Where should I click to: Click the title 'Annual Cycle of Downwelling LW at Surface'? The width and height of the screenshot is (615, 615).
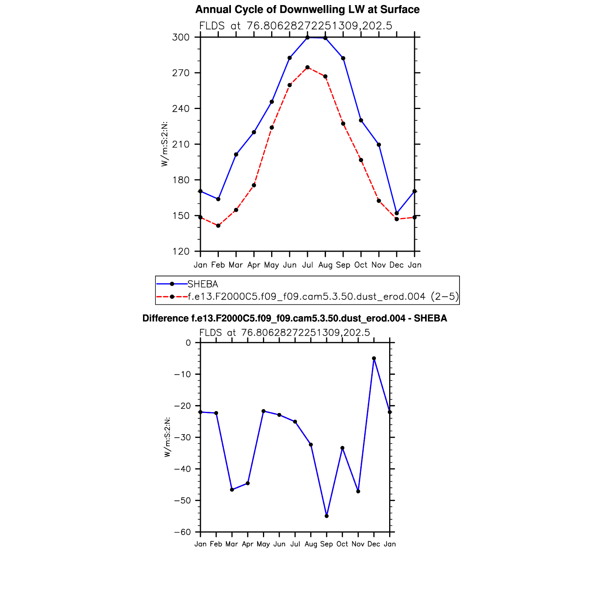click(307, 9)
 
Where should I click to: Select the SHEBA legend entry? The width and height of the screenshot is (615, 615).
click(202, 284)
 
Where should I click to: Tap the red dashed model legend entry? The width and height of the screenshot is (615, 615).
click(323, 297)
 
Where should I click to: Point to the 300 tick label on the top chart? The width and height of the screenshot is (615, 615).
click(181, 38)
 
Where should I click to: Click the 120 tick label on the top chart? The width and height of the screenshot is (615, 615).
click(181, 251)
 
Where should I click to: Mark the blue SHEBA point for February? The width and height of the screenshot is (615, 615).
click(218, 199)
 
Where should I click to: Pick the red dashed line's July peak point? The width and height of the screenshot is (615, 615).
click(307, 67)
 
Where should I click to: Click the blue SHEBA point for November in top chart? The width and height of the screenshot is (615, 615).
click(379, 145)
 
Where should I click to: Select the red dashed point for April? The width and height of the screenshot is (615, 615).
click(254, 185)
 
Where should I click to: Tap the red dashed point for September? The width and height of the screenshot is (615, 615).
click(343, 124)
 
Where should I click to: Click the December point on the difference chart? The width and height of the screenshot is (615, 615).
click(374, 358)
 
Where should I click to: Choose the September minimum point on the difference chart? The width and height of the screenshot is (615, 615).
click(327, 516)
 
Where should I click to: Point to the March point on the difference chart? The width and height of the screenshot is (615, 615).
click(232, 490)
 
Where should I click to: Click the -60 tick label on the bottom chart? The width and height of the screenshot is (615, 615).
click(183, 532)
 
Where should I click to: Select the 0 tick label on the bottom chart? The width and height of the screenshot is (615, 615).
click(188, 343)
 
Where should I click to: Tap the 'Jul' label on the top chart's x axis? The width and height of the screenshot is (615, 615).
click(307, 265)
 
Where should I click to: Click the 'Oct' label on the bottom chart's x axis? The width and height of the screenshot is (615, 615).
click(342, 544)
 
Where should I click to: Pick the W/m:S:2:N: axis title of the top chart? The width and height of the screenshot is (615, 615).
click(164, 144)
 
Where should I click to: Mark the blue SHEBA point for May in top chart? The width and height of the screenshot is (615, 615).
click(272, 102)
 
